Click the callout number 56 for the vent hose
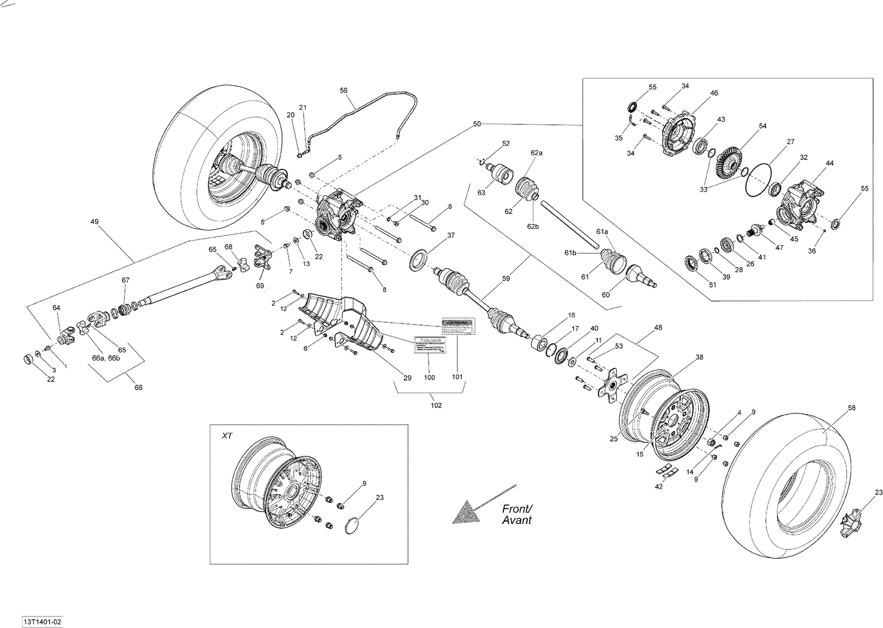click(x=344, y=91)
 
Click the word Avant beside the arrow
click(x=517, y=520)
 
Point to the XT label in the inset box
click(x=227, y=436)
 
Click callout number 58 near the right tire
click(x=851, y=407)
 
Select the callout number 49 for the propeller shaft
click(x=94, y=222)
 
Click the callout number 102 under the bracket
click(x=436, y=405)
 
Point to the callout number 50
click(x=477, y=124)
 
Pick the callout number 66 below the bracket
click(x=139, y=388)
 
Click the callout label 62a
click(x=536, y=153)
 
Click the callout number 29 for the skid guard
click(x=407, y=378)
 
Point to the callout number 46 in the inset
click(x=714, y=93)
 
